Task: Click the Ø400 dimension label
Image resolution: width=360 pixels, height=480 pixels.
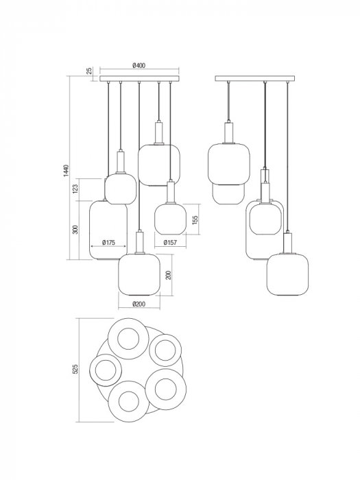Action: (139, 66)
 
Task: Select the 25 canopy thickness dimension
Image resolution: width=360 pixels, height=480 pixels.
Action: (89, 71)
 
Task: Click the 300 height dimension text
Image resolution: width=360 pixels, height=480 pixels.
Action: (76, 229)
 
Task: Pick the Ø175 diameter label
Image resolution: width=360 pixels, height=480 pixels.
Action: (108, 241)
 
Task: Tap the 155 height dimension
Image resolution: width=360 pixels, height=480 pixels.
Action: (195, 219)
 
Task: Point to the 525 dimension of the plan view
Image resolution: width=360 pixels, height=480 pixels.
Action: (76, 369)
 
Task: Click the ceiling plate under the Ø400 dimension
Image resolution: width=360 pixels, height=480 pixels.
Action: (139, 80)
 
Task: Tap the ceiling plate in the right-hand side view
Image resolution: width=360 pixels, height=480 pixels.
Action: (255, 80)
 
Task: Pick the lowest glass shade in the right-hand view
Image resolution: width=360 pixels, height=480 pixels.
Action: (286, 274)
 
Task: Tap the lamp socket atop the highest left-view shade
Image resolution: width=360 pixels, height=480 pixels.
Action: (158, 132)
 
